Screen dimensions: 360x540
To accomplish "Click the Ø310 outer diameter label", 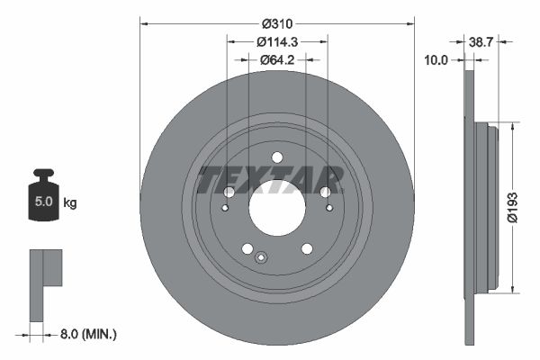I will pos(276,23).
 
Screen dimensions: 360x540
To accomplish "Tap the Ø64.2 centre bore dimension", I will pos(276,61).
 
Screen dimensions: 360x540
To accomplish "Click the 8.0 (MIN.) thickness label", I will pos(87,333).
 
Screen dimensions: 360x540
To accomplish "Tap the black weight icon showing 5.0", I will pos(42,199).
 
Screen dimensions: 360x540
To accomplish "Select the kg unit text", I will pos(70,203).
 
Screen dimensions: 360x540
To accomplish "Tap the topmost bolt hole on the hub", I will pos(276,159).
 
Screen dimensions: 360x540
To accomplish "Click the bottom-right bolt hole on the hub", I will pos(307,249).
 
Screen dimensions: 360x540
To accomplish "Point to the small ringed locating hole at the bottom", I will pos(260,259).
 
